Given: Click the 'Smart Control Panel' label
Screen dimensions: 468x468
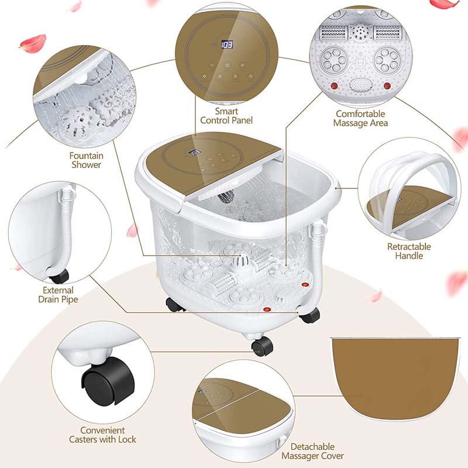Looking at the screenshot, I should click(226, 115).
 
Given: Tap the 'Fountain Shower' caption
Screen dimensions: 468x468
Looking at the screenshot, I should click(85, 160).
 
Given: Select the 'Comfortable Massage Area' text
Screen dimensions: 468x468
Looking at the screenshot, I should click(360, 118).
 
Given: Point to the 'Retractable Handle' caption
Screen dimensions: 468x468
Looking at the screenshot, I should click(409, 251).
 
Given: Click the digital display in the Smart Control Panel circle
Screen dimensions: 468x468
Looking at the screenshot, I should click(227, 44).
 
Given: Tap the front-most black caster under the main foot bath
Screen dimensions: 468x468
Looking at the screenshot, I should click(261, 346).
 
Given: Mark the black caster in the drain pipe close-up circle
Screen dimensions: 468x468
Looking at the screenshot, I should click(58, 274).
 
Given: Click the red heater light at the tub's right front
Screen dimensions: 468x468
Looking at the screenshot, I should click(304, 284).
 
